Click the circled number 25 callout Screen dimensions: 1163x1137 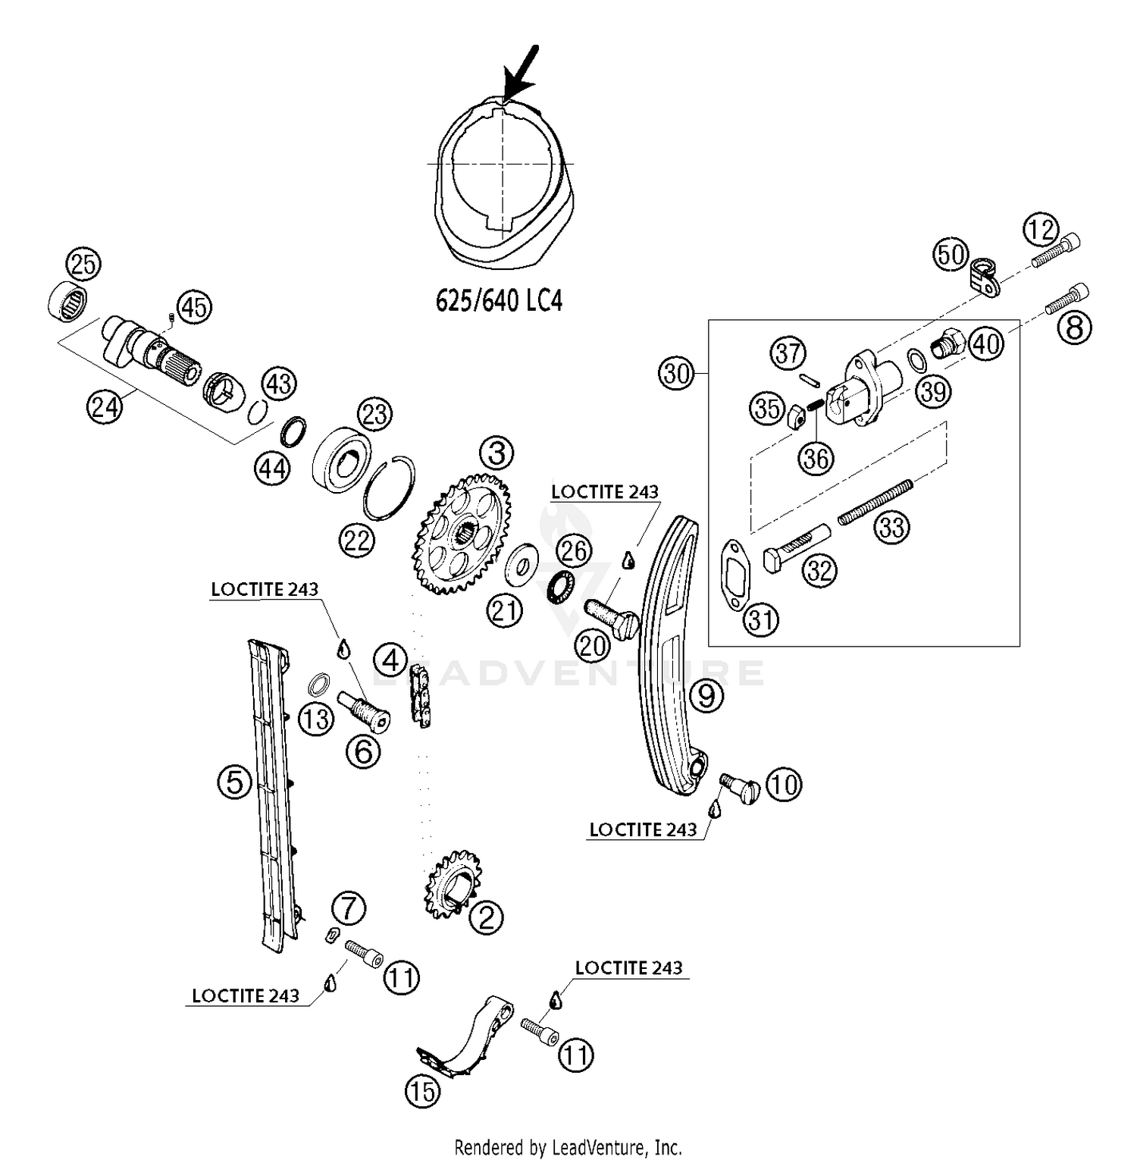pyautogui.click(x=83, y=265)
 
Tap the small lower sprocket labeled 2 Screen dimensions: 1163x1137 pyautogui.click(x=449, y=884)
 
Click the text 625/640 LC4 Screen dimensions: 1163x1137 pyautogui.click(x=499, y=301)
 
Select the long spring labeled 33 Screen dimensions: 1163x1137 pyautogui.click(x=875, y=500)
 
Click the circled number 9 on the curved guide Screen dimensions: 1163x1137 pyautogui.click(x=706, y=694)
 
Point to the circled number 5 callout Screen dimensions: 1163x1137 pyautogui.click(x=234, y=781)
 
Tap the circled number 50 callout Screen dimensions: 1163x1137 pyautogui.click(x=951, y=255)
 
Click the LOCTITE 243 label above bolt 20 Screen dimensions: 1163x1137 pyautogui.click(x=604, y=492)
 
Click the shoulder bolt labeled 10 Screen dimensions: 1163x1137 pyautogui.click(x=738, y=788)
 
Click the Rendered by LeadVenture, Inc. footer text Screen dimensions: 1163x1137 pyautogui.click(x=568, y=1147)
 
